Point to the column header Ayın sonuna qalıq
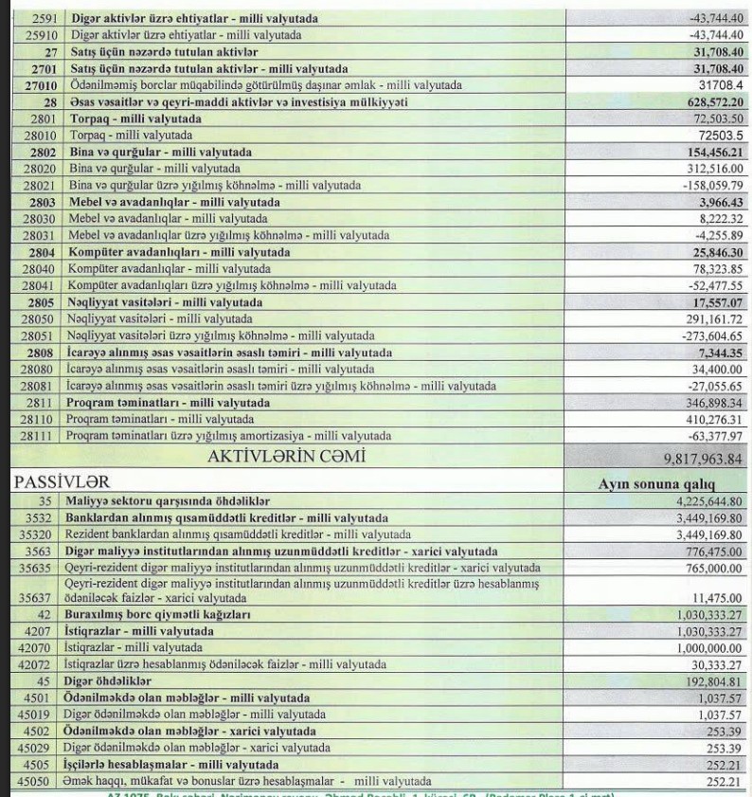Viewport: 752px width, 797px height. tap(659, 483)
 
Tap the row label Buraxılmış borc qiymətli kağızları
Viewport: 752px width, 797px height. tap(156, 615)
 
